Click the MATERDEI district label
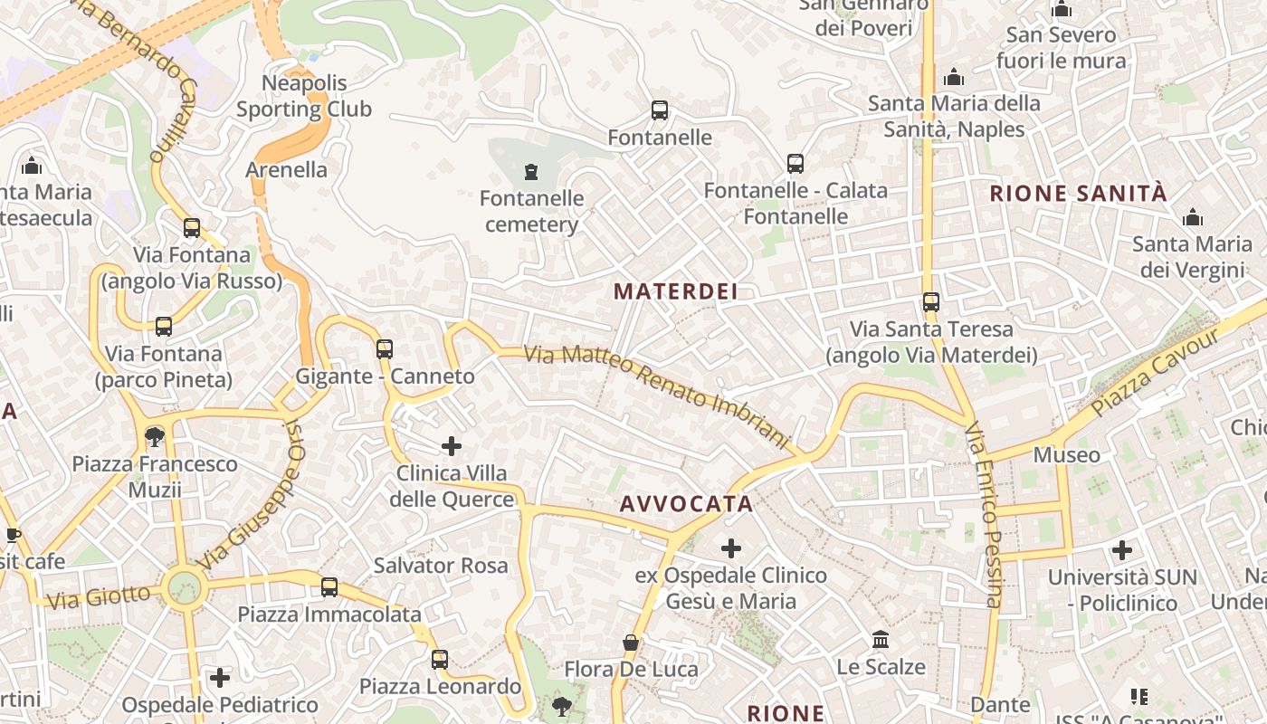(675, 291)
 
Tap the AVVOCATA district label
(686, 504)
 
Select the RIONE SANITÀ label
(1078, 193)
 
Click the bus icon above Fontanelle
(660, 110)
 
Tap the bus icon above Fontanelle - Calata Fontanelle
(795, 164)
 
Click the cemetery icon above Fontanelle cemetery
(531, 171)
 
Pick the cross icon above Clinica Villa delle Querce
(452, 445)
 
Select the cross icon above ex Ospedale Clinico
(730, 548)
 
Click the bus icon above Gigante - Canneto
(385, 348)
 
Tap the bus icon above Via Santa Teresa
(931, 302)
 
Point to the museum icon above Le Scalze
(881, 640)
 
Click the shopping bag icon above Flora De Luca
(631, 643)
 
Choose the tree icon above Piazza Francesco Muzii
(155, 437)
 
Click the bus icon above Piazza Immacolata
(329, 587)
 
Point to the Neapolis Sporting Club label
(304, 96)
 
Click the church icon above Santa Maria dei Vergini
(1193, 217)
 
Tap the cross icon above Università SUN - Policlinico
(1122, 549)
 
